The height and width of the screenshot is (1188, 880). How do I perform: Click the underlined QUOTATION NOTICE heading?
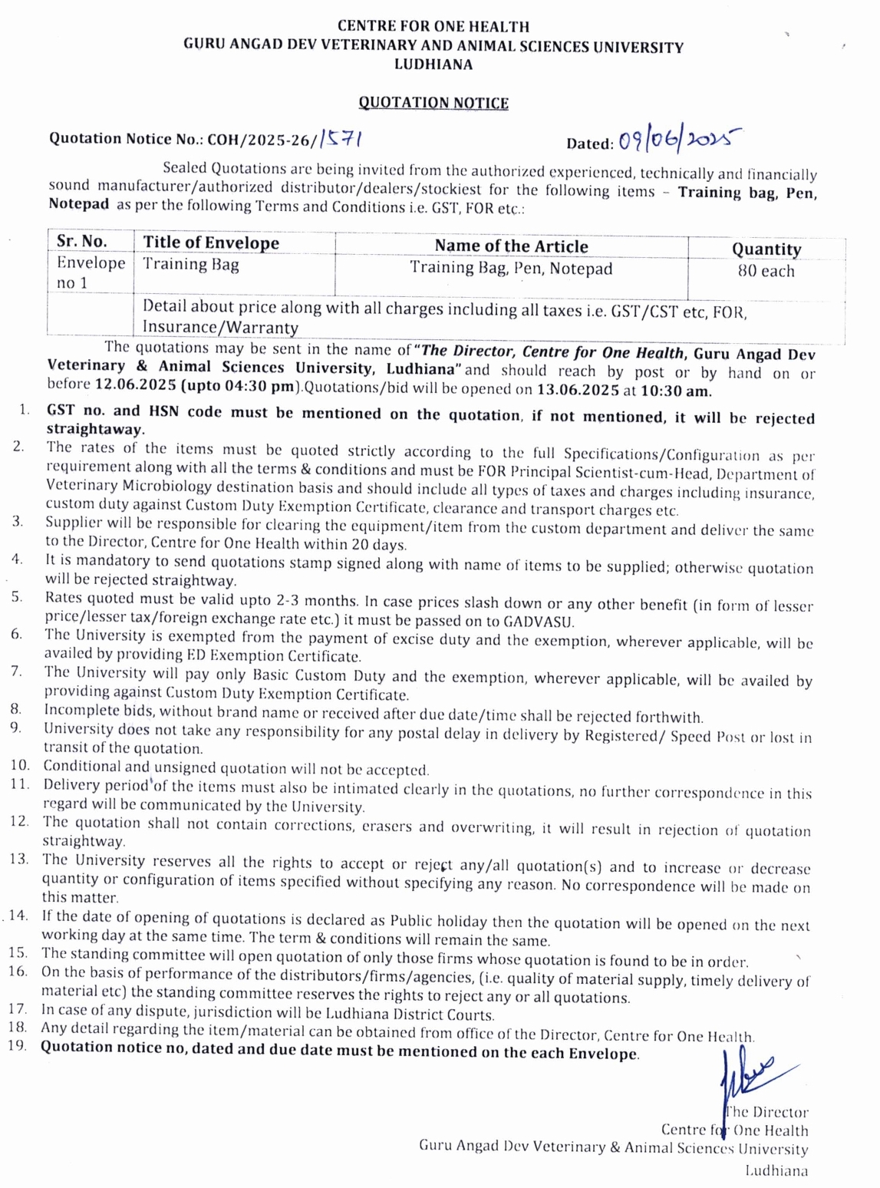[433, 103]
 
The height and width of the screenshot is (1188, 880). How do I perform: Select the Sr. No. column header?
[81, 241]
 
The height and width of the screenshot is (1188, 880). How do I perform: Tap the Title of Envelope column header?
[211, 243]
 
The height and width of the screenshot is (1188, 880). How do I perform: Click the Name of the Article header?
[511, 246]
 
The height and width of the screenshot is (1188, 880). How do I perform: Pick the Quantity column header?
[766, 249]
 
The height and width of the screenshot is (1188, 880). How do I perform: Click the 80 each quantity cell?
[766, 271]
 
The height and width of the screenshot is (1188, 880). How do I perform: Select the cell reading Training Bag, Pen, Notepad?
[511, 268]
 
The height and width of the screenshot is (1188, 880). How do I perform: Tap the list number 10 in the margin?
[20, 765]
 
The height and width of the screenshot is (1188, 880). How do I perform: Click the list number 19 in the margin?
[18, 1045]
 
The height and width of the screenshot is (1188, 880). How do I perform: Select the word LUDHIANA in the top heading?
[433, 65]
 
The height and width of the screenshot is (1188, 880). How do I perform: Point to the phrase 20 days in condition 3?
[379, 545]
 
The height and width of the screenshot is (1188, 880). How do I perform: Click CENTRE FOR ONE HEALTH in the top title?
[433, 27]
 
